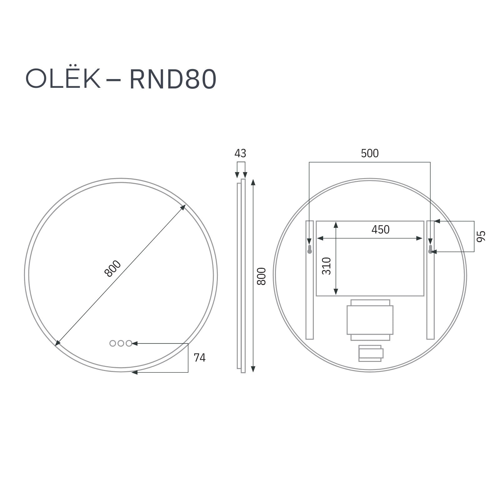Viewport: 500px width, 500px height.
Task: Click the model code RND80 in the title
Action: pos(173,79)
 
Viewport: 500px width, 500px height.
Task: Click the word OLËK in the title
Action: pos(63,79)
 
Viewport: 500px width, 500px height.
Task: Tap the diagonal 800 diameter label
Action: pos(113,268)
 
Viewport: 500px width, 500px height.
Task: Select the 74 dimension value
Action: pos(200,357)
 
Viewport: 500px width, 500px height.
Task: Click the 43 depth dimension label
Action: pos(240,153)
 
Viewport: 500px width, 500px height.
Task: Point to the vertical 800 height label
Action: pos(261,276)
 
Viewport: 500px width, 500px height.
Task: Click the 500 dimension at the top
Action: pos(370,153)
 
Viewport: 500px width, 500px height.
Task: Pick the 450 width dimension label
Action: pos(380,230)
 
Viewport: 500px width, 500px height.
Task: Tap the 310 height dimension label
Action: pos(327,266)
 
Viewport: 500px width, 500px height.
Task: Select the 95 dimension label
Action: pos(481,236)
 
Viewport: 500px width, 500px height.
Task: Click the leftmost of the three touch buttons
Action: pos(113,343)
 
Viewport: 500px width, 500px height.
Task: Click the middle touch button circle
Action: pos(121,343)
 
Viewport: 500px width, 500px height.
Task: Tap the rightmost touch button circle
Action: pos(129,343)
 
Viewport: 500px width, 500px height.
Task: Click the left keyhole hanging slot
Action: pos(309,249)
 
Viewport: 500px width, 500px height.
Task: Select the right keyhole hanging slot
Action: pos(430,249)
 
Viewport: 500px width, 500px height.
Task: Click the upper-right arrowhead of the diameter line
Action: pos(184,207)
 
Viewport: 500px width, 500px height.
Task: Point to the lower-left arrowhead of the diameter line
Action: pos(57,344)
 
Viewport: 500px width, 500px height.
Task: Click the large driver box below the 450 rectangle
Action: pos(370,320)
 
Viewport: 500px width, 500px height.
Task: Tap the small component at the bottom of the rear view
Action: pos(371,353)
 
